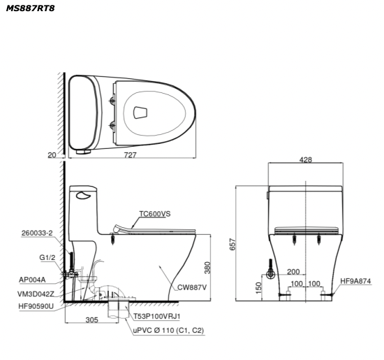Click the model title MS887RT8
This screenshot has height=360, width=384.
pos(30,8)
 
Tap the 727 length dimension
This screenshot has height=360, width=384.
pos(130,155)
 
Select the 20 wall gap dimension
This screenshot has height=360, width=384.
pos(52,155)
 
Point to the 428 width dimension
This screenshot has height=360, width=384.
pos(306,160)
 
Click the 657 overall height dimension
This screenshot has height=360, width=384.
pos(232,244)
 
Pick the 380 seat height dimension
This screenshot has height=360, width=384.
pos(207,268)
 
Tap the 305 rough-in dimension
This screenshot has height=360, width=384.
pos(92,319)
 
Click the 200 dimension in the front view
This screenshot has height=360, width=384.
pos(293,272)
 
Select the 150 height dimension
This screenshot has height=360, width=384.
pos(258,288)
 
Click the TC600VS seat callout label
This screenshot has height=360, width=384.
pos(155,214)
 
